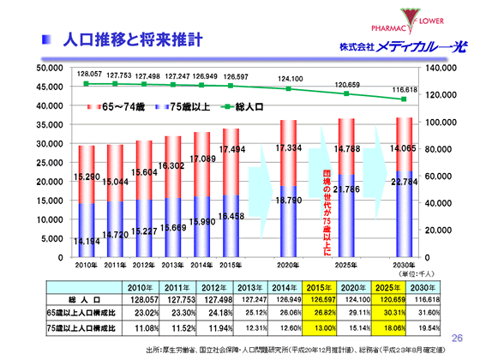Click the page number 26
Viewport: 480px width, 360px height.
(x=455, y=339)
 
